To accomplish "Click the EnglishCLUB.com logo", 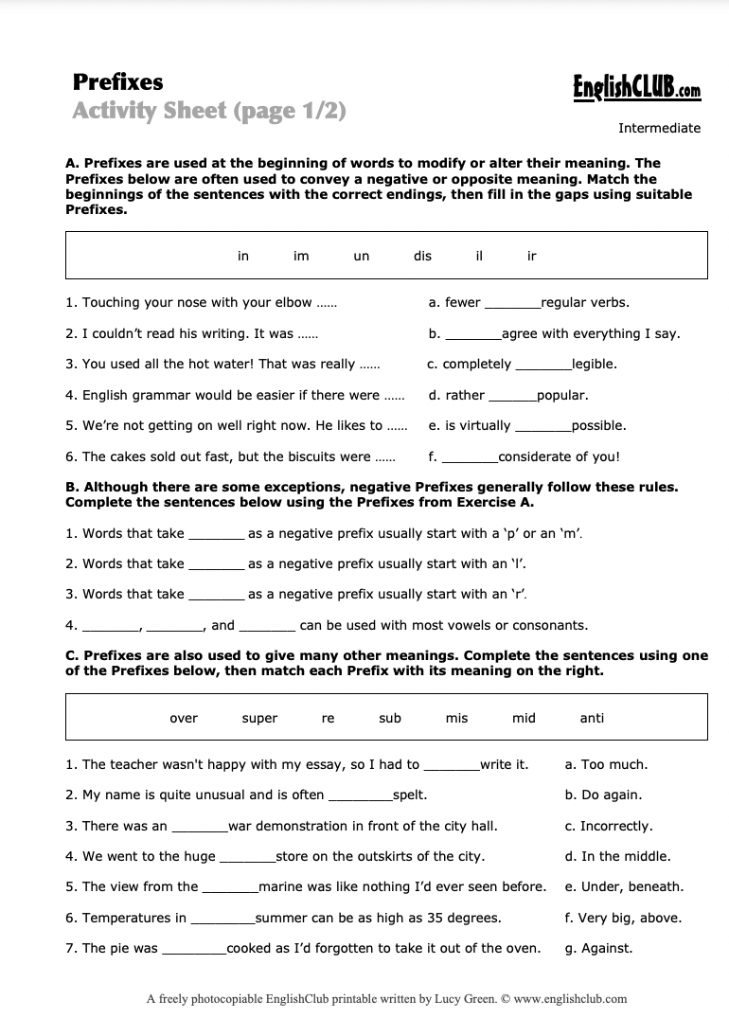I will [x=636, y=89].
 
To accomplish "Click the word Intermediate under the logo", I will [x=659, y=128].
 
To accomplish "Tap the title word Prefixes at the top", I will [x=117, y=82].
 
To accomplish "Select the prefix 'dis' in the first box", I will [x=422, y=256].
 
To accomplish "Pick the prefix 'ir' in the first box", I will [x=531, y=256].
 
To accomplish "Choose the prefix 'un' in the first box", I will [x=361, y=256].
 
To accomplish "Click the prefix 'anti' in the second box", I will [x=592, y=718].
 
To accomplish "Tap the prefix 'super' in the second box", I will [x=259, y=718].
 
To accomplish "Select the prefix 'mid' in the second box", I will [x=524, y=718].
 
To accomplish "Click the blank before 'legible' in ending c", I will [x=542, y=366].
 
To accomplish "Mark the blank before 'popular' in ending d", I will [x=511, y=397].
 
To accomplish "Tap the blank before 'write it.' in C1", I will [x=451, y=766].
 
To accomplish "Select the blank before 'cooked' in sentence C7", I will [x=193, y=950].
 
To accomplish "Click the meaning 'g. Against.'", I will [x=598, y=948].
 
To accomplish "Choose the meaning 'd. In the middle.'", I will [x=617, y=856].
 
